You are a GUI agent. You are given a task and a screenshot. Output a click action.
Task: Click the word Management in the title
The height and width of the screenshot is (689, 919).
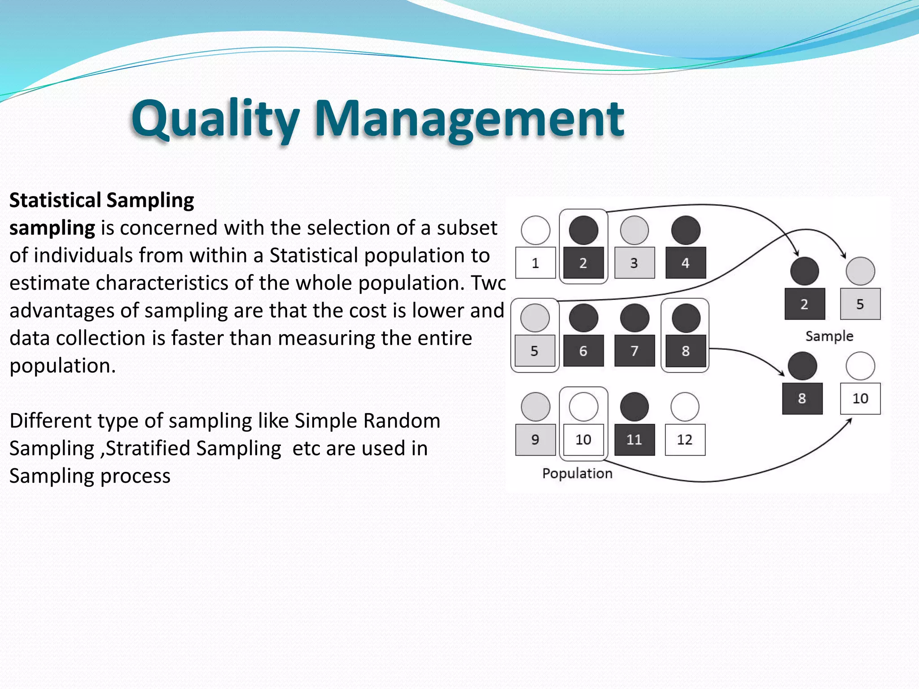pyautogui.click(x=469, y=119)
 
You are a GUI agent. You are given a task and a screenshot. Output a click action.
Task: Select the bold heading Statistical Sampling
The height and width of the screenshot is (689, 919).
pyautogui.click(x=102, y=200)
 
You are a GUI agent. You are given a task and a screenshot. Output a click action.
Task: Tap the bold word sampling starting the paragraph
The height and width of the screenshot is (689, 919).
pyautogui.click(x=52, y=228)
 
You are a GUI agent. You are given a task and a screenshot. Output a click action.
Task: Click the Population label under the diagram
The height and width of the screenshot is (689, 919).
pyautogui.click(x=577, y=473)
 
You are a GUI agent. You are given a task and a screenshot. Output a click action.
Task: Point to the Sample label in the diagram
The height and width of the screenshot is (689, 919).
pyautogui.click(x=829, y=336)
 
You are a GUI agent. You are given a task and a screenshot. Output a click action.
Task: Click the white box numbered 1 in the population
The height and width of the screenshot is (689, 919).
pyautogui.click(x=535, y=263)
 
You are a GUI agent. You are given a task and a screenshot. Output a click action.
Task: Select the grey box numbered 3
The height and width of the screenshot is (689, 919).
pyautogui.click(x=634, y=263)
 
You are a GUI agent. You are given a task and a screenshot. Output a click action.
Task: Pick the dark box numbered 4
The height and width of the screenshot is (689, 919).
pyautogui.click(x=685, y=263)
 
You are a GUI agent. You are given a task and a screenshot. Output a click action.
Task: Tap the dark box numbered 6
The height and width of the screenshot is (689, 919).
pyautogui.click(x=583, y=351)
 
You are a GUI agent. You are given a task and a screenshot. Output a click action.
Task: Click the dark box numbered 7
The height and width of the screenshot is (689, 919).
pyautogui.click(x=634, y=351)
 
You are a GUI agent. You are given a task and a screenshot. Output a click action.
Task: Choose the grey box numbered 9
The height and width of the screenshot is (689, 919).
pyautogui.click(x=535, y=440)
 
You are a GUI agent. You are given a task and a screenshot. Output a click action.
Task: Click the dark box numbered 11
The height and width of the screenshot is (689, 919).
pyautogui.click(x=634, y=440)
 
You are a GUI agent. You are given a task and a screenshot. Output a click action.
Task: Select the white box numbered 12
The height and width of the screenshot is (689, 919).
pyautogui.click(x=685, y=440)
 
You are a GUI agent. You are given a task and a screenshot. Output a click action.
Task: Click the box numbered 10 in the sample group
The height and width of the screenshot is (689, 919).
pyautogui.click(x=860, y=398)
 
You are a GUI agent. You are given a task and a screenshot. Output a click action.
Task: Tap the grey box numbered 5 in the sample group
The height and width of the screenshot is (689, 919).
pyautogui.click(x=860, y=304)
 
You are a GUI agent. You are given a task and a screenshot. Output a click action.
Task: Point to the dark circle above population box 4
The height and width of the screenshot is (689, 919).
pyautogui.click(x=685, y=230)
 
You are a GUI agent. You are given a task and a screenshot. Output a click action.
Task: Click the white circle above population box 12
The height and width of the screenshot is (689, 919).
pyautogui.click(x=685, y=407)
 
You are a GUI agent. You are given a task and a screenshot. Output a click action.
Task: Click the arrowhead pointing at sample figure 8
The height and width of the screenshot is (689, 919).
pyautogui.click(x=782, y=373)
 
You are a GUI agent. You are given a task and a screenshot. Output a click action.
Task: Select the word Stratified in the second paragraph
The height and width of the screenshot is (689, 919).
pyautogui.click(x=148, y=448)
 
